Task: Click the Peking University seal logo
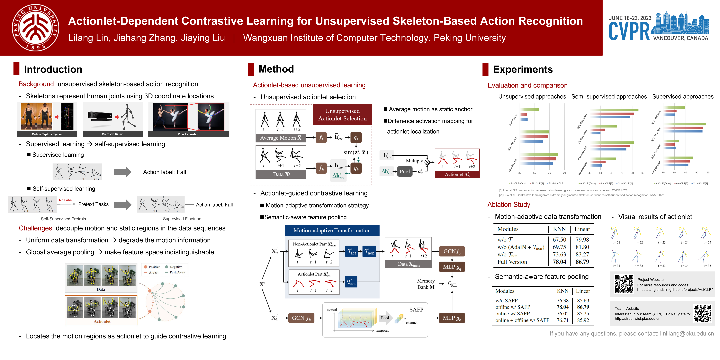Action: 35,27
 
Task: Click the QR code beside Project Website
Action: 624,284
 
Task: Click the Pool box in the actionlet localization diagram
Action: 404,172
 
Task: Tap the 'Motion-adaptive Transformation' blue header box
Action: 332,230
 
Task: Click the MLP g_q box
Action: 452,267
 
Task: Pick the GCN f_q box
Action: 452,251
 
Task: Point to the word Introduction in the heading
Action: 53,69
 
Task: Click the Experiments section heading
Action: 523,69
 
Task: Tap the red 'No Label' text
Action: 66,200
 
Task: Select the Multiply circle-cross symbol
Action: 427,162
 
